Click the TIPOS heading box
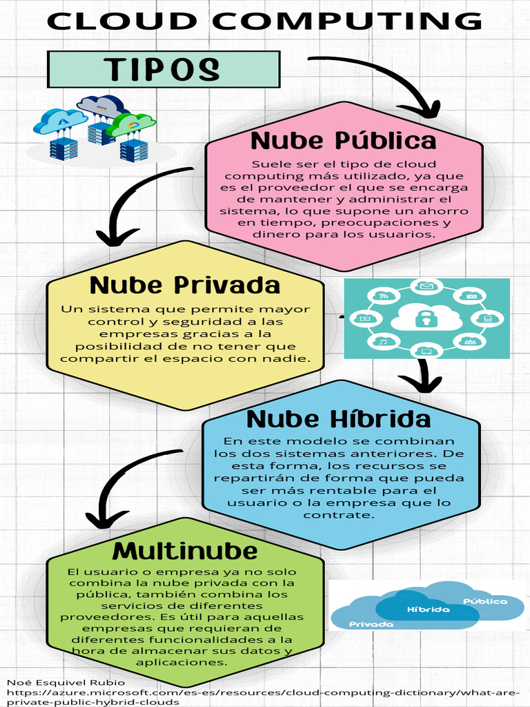[164, 69]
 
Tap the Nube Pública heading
[344, 140]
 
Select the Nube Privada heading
[185, 284]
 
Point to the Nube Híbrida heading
[338, 419]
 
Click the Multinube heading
[185, 550]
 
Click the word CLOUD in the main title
[121, 21]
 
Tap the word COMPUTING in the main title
[348, 21]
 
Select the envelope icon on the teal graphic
[426, 286]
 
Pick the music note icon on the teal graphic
[383, 341]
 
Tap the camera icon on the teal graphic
[471, 296]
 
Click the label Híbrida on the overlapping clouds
[428, 610]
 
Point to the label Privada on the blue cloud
[371, 624]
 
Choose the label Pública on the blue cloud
[485, 601]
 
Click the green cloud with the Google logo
[131, 124]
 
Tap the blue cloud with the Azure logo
[60, 120]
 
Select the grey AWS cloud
[102, 106]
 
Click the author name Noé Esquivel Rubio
[66, 682]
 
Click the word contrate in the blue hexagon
[339, 515]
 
